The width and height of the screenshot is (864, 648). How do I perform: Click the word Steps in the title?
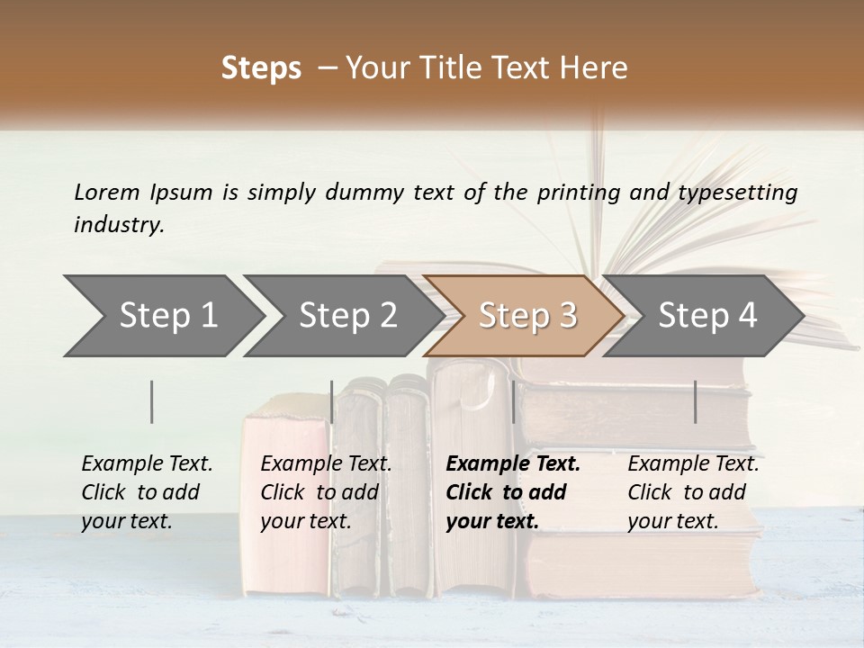[261, 67]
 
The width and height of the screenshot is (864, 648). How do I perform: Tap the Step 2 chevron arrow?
[347, 315]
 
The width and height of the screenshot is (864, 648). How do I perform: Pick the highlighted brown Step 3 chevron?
[526, 315]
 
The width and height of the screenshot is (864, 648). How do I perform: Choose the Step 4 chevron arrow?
[707, 315]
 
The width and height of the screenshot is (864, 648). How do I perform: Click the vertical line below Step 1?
[152, 401]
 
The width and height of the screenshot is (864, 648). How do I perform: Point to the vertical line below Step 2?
[332, 401]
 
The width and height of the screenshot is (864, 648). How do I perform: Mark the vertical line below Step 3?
[513, 401]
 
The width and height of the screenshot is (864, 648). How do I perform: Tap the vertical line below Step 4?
[695, 401]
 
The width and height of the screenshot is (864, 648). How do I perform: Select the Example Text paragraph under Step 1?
[147, 491]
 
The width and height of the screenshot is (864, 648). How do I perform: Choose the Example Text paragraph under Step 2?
[326, 491]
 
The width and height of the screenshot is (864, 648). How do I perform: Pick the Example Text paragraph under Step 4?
[693, 491]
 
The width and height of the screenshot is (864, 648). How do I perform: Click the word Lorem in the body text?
[107, 192]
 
